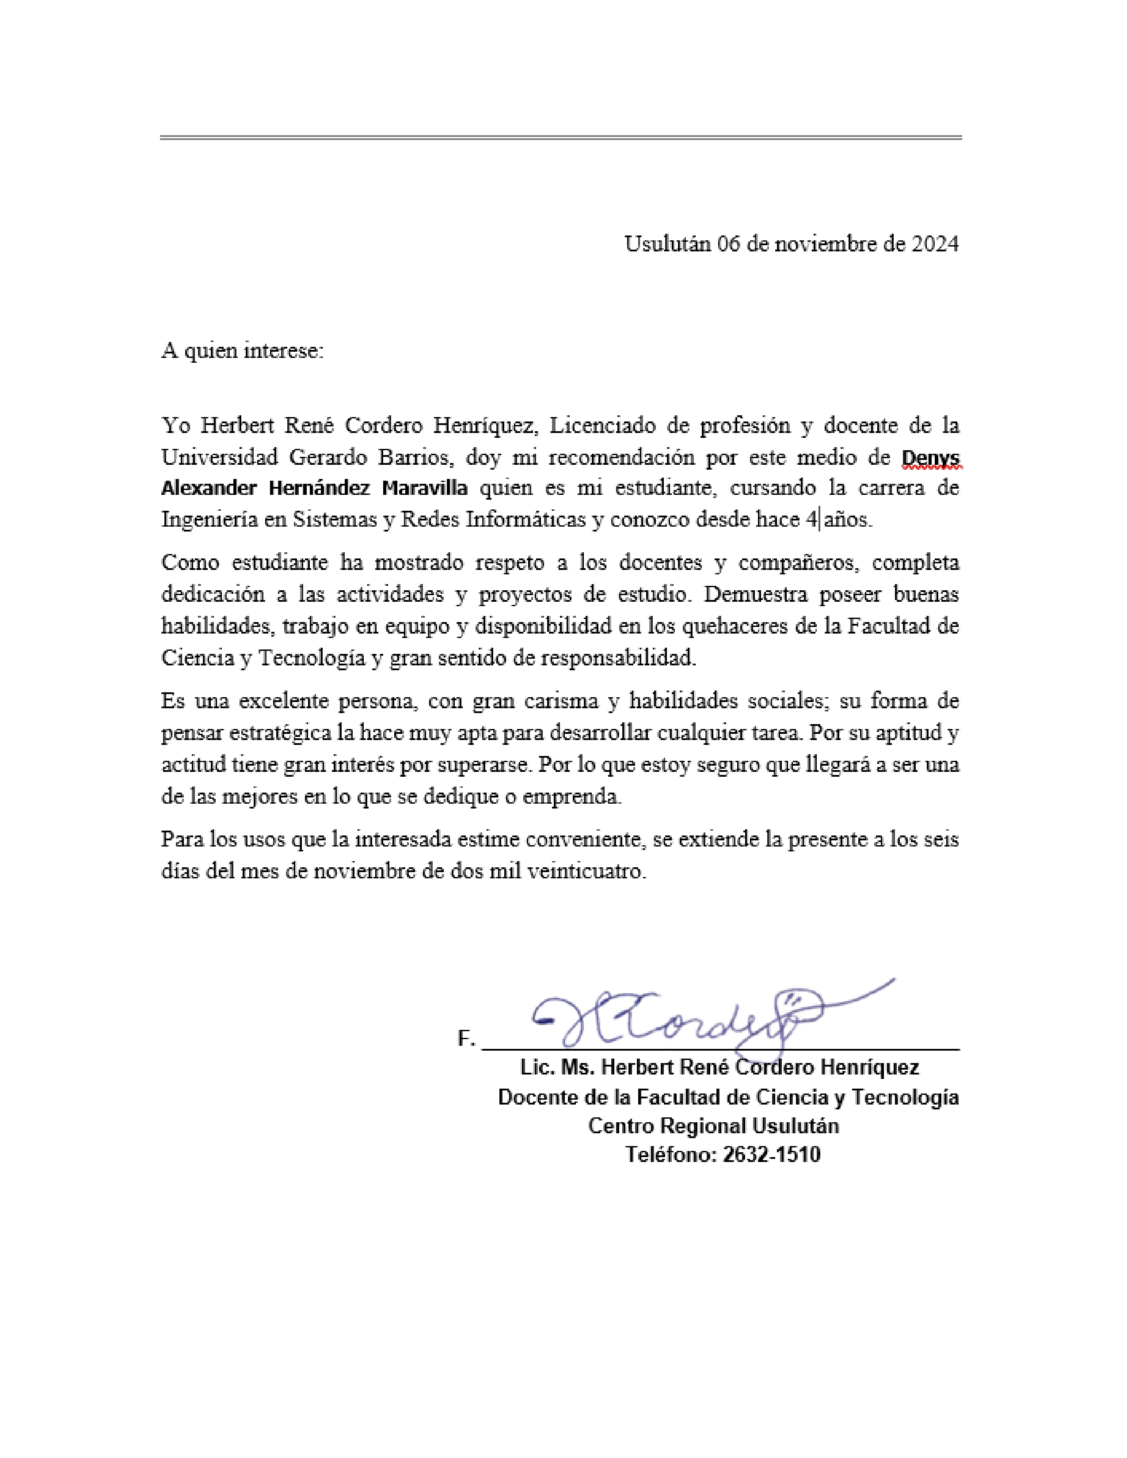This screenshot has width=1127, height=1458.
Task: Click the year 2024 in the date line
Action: pyautogui.click(x=935, y=244)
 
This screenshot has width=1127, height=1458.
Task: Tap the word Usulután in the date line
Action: pyautogui.click(x=668, y=244)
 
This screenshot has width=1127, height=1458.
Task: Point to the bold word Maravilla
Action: pyautogui.click(x=425, y=489)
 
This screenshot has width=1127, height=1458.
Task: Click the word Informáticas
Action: pyautogui.click(x=525, y=520)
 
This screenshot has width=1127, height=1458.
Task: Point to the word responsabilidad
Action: pyautogui.click(x=617, y=659)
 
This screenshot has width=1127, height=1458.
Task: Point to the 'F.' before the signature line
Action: pyautogui.click(x=466, y=1039)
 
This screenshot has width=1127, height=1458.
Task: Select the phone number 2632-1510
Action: pyautogui.click(x=771, y=1155)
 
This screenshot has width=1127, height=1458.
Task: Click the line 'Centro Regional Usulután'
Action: pyautogui.click(x=713, y=1126)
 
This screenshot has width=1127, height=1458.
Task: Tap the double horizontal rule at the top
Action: pyautogui.click(x=561, y=137)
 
